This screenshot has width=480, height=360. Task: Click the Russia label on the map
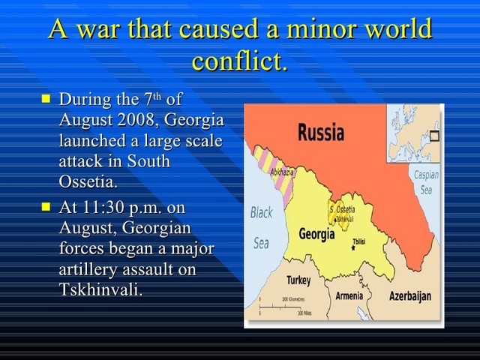(x=321, y=133)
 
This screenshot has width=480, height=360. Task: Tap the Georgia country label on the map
(x=316, y=234)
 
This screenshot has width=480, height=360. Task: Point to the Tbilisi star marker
(x=353, y=247)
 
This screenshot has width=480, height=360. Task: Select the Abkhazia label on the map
(x=281, y=172)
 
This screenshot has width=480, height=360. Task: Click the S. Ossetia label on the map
(x=343, y=209)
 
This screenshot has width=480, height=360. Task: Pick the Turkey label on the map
(x=298, y=280)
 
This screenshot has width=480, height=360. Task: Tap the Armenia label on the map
(x=349, y=295)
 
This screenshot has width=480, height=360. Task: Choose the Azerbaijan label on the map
(x=409, y=296)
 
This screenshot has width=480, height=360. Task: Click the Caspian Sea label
(x=425, y=182)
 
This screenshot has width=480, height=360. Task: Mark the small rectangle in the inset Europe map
(x=434, y=136)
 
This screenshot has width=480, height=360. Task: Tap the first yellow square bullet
(x=46, y=98)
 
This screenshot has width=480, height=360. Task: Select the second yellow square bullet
(x=46, y=206)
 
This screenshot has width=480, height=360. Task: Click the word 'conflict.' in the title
(x=239, y=61)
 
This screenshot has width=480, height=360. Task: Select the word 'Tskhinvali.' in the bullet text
(x=100, y=289)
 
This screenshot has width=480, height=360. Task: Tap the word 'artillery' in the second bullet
(x=91, y=269)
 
